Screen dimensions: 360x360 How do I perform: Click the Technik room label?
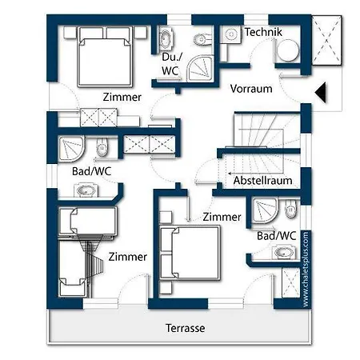pos(263,32)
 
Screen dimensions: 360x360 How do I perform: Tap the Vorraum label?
pos(251,89)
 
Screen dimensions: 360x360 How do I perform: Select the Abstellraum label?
pos(262,181)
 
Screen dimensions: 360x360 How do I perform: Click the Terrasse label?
pos(186,328)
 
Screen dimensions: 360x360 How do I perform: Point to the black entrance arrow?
pos(321,93)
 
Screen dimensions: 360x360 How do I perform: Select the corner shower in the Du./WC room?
pos(200,68)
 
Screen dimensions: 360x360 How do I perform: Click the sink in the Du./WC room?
pos(166,39)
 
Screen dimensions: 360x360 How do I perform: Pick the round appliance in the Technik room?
pos(287,50)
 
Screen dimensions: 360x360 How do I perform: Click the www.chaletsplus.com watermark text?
pos(306,269)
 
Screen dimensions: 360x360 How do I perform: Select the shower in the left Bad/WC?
pos(71,149)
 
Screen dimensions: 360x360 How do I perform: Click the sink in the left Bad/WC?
pos(86,190)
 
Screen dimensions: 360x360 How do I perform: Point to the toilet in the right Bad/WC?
pos(290,209)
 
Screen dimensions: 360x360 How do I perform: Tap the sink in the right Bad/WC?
pos(284,252)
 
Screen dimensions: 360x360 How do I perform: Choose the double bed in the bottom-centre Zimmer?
pos(190,253)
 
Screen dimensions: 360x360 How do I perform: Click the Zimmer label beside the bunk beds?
pos(128,257)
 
